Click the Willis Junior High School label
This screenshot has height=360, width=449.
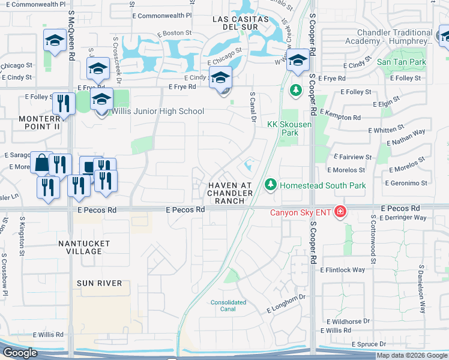point(157,111)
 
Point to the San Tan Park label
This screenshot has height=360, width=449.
point(401,62)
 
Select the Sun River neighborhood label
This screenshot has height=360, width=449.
point(100,283)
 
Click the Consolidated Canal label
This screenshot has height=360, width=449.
point(228,306)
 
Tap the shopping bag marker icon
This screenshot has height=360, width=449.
point(41,163)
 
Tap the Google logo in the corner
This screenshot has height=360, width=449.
point(20,353)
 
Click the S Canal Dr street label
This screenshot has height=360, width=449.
point(252,104)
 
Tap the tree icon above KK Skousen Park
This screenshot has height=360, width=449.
point(295,91)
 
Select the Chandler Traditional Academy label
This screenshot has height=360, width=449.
point(389,37)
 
